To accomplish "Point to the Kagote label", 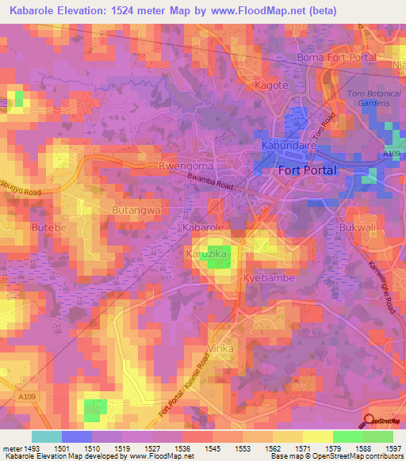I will pyautogui.click(x=270, y=85).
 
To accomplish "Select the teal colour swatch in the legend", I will pyautogui.click(x=46, y=436).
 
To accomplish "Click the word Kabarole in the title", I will pyautogui.click(x=31, y=11).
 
